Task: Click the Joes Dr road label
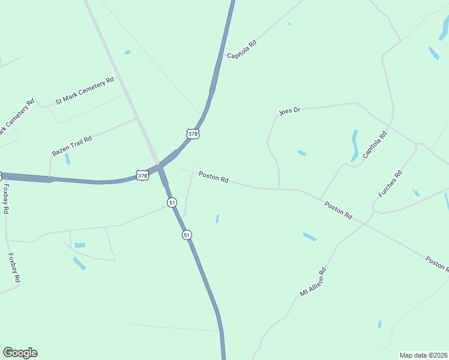[289, 112]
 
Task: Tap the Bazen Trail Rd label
[71, 146]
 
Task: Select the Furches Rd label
[390, 185]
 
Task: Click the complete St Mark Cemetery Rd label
[85, 91]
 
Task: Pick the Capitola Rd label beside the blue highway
[242, 49]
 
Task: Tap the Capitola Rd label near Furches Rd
[375, 145]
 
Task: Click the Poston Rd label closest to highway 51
[214, 178]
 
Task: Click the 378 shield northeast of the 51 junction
[193, 134]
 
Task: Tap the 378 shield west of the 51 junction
[142, 175]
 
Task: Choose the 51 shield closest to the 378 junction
[172, 203]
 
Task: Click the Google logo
[20, 353]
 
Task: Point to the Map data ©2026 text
[424, 355]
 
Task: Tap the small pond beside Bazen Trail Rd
[67, 159]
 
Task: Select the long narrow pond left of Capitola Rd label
[354, 145]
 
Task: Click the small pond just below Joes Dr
[301, 153]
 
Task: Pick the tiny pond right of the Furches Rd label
[416, 193]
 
